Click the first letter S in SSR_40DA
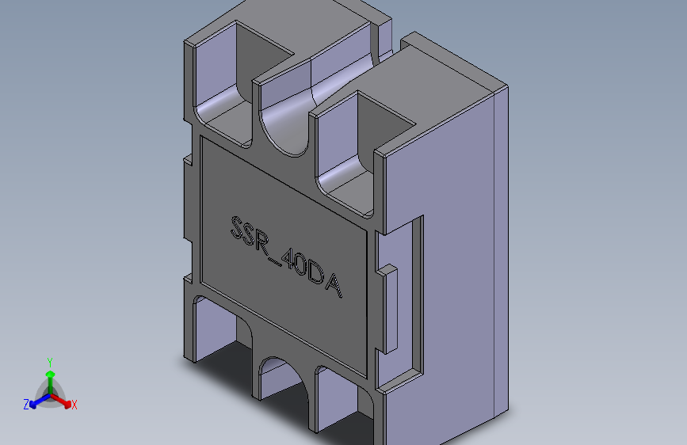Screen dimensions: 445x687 (x=236, y=226)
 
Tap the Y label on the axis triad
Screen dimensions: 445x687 (x=50, y=361)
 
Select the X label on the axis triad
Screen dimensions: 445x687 (x=74, y=405)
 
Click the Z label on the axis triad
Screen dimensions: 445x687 (x=26, y=405)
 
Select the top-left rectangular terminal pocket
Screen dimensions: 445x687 (x=230, y=79)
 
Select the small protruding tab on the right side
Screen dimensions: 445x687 (x=388, y=309)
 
